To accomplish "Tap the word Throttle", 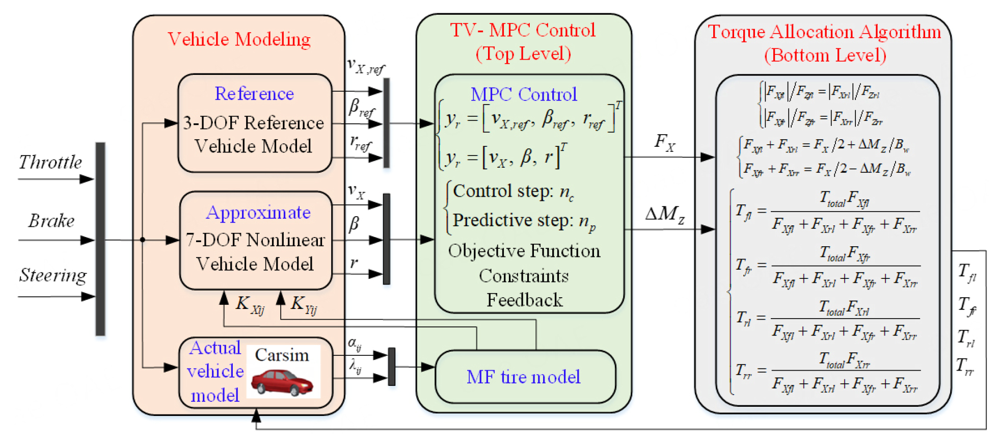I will (50, 162).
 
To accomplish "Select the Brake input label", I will (51, 221).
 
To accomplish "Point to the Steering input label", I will (52, 275).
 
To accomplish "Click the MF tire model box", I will (525, 377).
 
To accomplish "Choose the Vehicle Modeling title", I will (239, 39).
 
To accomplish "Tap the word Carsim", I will (282, 355).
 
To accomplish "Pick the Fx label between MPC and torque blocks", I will (664, 142).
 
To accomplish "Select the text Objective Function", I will (524, 251).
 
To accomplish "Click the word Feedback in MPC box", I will (524, 300).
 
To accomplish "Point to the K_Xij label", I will (250, 305).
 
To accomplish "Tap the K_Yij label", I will (304, 305).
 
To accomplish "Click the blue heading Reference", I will (254, 94).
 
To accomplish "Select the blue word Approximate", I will (258, 213).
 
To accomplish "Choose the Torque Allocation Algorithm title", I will (824, 32).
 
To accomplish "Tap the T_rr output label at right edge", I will (964, 366).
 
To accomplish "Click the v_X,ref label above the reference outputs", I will (365, 66).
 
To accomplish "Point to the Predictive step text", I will (524, 221).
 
